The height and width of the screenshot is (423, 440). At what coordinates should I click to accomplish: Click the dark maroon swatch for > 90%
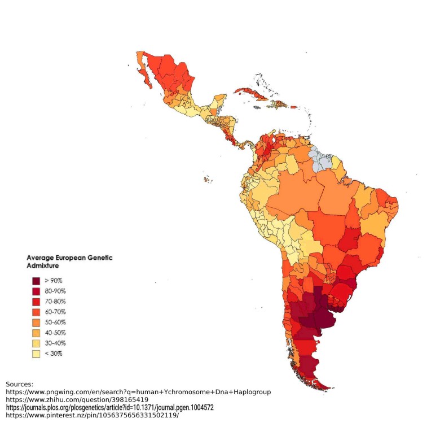36,281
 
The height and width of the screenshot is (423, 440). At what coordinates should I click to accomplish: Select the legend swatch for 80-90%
36,291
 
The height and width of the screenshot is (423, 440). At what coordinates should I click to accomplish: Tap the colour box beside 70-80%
36,302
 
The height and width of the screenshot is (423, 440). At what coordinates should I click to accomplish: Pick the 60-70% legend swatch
36,312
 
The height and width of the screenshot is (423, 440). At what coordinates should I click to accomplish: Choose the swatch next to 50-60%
36,322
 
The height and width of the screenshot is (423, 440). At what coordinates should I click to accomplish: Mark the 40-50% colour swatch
36,333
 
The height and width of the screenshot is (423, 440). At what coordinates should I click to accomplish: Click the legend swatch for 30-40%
36,343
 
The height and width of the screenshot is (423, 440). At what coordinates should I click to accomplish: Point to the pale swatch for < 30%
36,354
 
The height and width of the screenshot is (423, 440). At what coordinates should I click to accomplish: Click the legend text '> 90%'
53,281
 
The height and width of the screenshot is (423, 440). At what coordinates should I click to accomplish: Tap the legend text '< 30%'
53,354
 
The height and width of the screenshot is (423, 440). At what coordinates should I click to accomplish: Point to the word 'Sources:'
20,383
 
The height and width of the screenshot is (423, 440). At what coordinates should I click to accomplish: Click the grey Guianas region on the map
323,159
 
